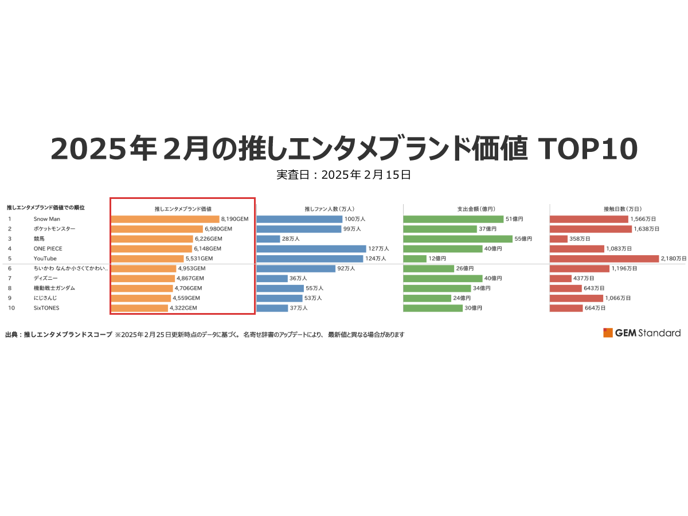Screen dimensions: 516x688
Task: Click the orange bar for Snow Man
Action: click(165, 219)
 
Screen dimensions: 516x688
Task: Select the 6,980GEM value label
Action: click(218, 229)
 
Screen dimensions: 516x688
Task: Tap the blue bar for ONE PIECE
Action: click(311, 249)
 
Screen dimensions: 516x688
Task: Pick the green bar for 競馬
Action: click(458, 239)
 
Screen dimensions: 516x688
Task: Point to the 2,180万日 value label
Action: click(673, 259)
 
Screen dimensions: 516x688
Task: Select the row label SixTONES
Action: click(46, 308)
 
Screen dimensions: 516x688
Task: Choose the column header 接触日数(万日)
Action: click(622, 209)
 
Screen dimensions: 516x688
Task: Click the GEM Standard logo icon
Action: click(608, 333)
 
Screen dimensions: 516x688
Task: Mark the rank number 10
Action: click(11, 308)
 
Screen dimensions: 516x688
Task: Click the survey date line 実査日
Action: click(343, 175)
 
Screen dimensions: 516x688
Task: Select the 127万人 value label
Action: click(379, 249)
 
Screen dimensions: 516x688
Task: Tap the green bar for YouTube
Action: click(415, 259)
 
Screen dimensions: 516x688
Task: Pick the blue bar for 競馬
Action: click(268, 239)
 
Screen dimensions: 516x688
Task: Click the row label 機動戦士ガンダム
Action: click(54, 288)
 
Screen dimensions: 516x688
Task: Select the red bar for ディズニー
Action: click(561, 278)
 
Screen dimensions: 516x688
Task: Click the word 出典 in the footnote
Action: click(12, 334)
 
